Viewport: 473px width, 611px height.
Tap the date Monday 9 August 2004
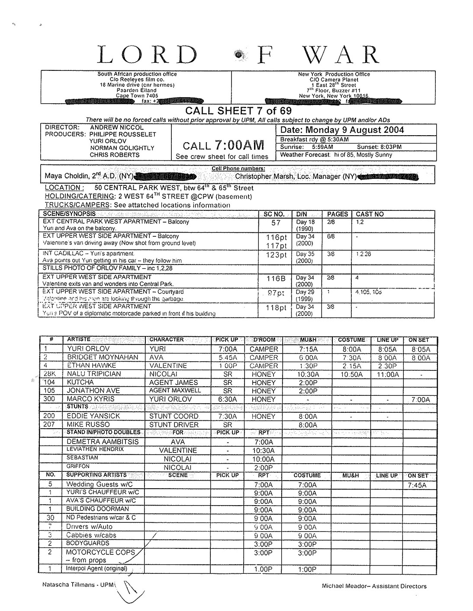342,130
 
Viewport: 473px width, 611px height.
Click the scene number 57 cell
276,223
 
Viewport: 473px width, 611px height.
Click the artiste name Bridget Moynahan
103,357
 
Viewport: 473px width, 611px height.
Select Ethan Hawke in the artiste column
91,366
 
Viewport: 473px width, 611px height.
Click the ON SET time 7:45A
417,485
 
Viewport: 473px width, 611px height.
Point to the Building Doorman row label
97,509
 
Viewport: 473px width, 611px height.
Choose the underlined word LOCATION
63,188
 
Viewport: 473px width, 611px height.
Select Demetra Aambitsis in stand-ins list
103,442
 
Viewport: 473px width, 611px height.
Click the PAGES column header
338,214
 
